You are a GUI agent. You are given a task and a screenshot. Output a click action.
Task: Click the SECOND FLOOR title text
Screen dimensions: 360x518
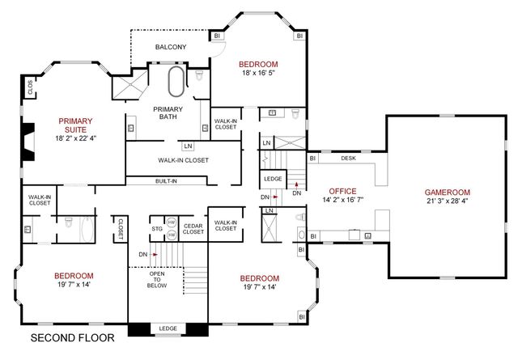coord(72,338)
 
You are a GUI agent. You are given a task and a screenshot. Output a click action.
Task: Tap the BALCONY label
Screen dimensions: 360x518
coord(171,47)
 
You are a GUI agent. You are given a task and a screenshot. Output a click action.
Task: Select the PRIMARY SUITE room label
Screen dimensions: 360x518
coord(75,126)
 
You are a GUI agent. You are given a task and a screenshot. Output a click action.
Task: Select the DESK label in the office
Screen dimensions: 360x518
coord(349,159)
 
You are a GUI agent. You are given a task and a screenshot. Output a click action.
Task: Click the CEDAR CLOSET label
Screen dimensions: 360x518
coord(193,228)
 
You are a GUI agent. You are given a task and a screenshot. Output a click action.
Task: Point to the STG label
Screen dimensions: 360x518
coord(157,230)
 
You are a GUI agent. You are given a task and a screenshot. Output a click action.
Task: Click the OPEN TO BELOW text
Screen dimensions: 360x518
coord(156,279)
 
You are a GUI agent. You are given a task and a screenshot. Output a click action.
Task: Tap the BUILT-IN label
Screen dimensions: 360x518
coord(167,181)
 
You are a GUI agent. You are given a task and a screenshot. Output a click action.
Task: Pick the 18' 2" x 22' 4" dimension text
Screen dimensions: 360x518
coord(75,138)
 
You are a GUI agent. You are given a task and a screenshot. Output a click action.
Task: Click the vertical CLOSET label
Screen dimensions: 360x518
coord(121,229)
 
